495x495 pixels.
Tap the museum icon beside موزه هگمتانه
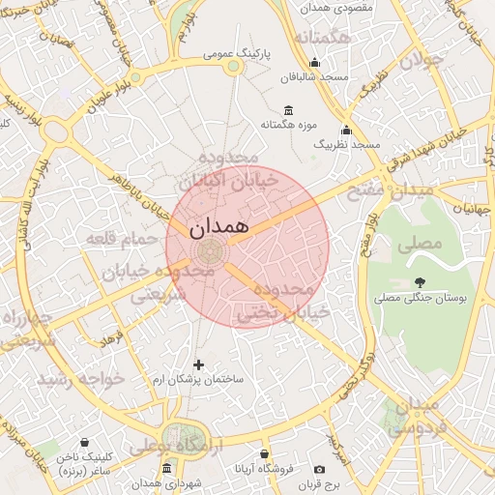[x=287, y=111]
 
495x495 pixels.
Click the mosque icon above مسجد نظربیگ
[x=347, y=131]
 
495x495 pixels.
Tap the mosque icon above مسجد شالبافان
[x=313, y=63]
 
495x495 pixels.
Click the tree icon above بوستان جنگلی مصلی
[x=419, y=281]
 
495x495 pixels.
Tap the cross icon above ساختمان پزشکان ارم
[x=199, y=364]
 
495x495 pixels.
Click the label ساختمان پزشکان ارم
[x=206, y=379]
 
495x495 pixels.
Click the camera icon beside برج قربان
[x=319, y=470]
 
